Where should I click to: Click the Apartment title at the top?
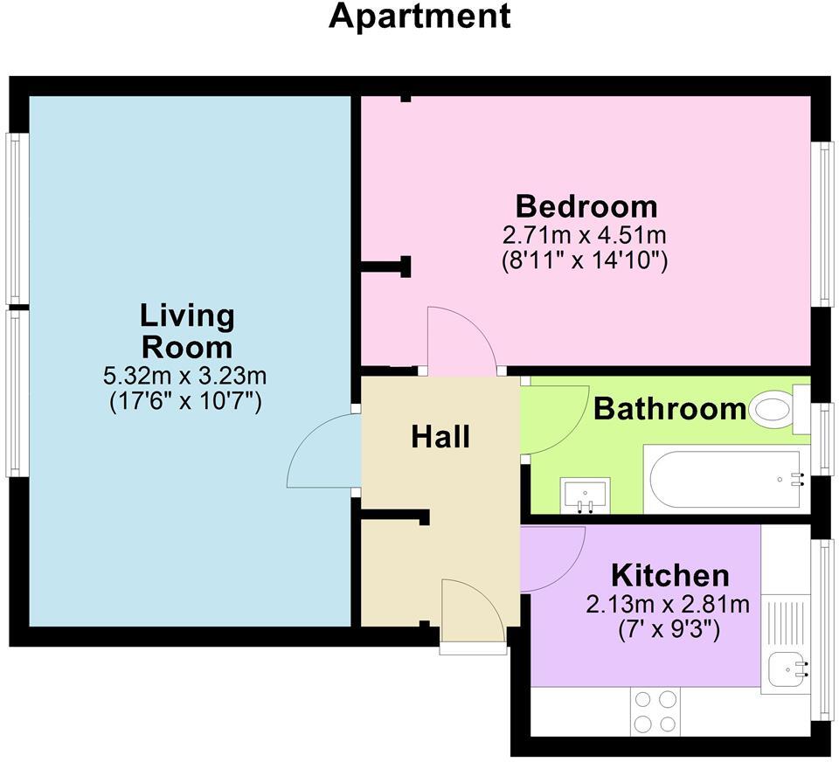click(x=419, y=17)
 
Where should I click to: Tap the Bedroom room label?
click(x=586, y=207)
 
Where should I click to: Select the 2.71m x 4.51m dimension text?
click(x=585, y=236)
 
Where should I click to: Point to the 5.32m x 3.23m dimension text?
click(x=185, y=378)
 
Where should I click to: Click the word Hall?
click(x=440, y=436)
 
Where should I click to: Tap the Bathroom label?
click(x=670, y=409)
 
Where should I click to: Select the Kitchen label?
click(x=669, y=576)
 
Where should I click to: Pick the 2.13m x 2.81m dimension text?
click(x=669, y=605)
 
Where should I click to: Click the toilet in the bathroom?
click(x=773, y=410)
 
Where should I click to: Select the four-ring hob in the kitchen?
click(x=655, y=711)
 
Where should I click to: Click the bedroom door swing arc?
click(x=461, y=341)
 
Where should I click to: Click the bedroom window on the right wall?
click(x=821, y=225)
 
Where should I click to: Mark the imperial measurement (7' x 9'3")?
click(x=669, y=630)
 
